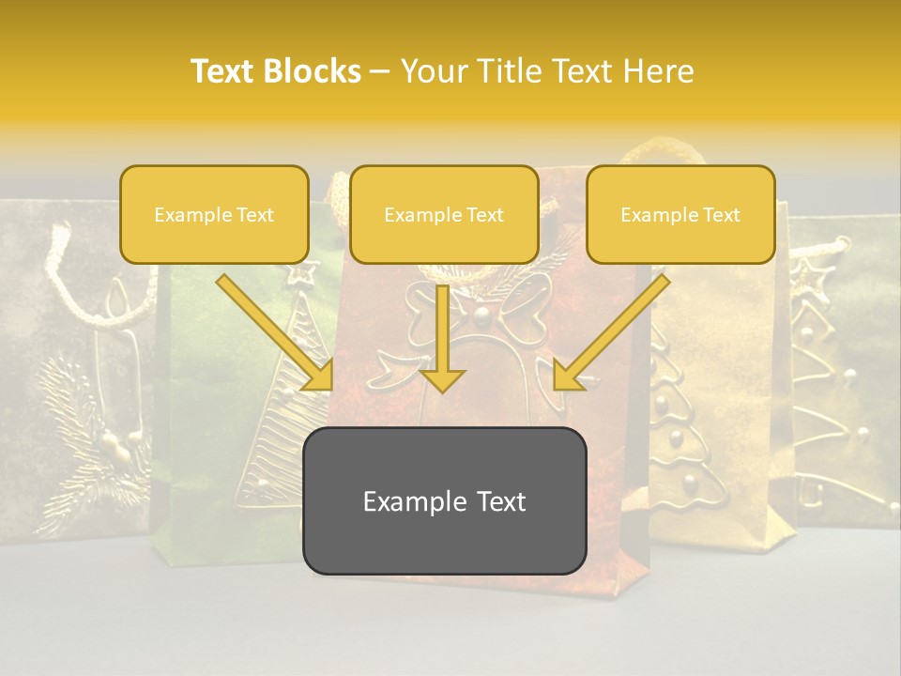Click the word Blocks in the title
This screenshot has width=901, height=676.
[314, 71]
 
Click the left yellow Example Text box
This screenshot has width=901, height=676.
[214, 215]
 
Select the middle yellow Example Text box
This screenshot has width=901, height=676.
[444, 215]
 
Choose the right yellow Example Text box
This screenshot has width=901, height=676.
[680, 215]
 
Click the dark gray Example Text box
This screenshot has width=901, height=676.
[444, 501]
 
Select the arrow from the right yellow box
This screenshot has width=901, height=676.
[610, 333]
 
